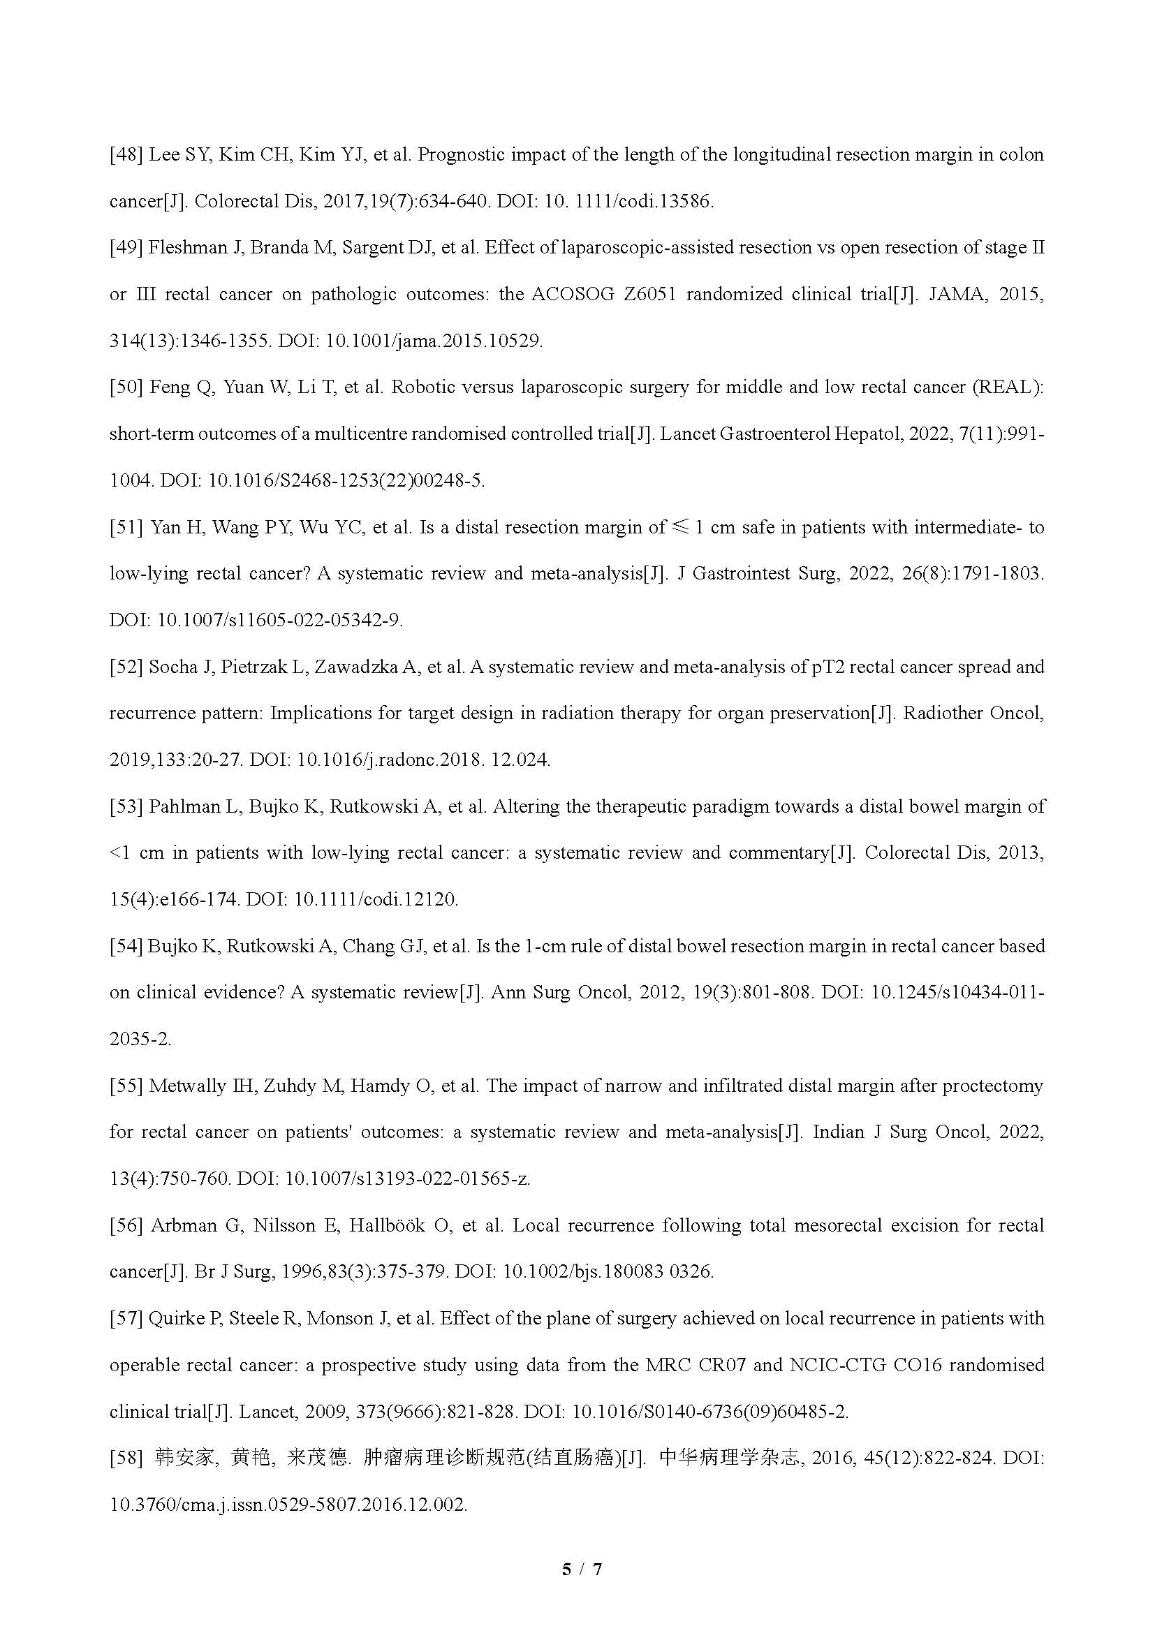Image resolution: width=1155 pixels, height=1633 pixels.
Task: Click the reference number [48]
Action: point(126,155)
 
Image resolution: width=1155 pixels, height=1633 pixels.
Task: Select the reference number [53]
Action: point(126,806)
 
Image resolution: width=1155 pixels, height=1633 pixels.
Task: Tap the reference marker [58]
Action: point(126,1458)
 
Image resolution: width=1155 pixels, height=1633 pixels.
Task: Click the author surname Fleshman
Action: point(185,249)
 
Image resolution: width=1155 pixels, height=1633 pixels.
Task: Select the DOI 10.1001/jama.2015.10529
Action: point(434,341)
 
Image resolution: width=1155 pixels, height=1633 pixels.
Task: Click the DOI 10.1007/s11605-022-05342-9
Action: point(279,620)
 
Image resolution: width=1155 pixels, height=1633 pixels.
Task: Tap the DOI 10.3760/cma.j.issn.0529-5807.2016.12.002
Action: point(288,1505)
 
